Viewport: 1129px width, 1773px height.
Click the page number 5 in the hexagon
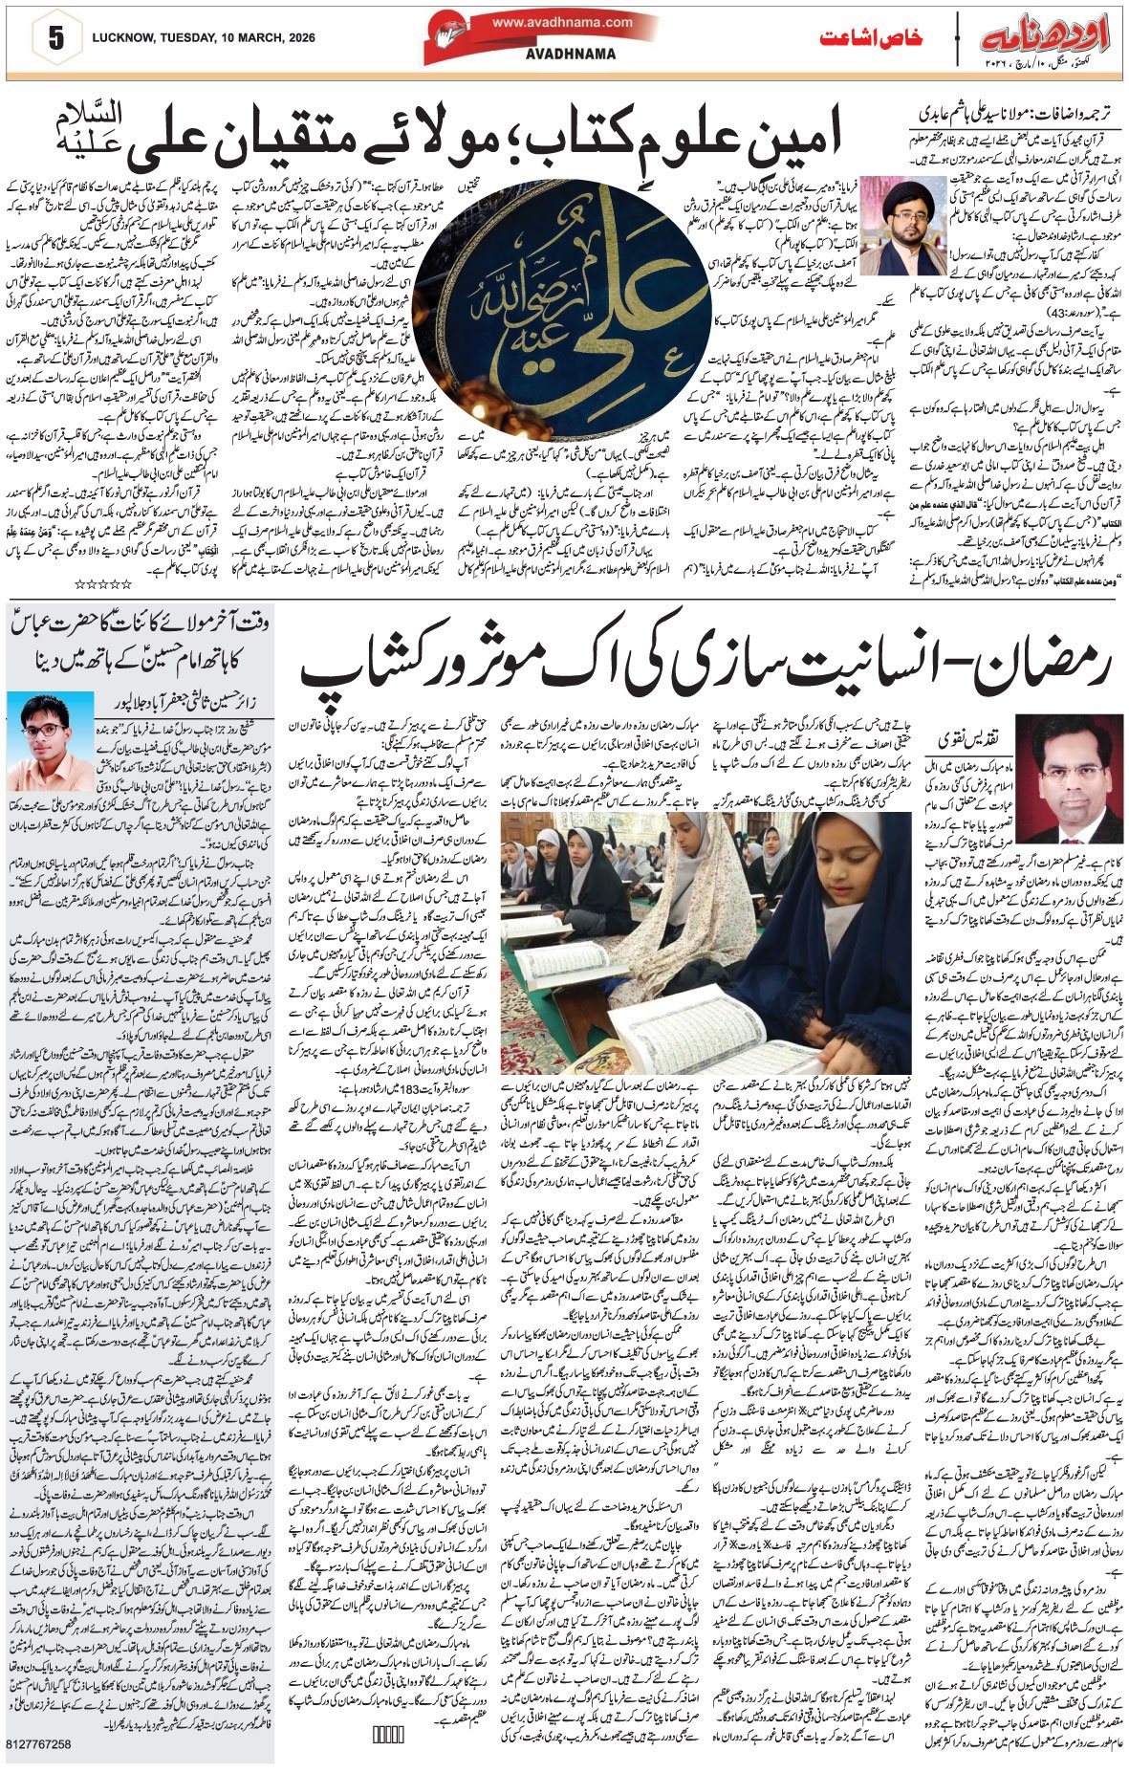point(54,39)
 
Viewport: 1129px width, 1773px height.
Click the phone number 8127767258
point(38,1744)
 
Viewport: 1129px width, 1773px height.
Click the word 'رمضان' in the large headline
point(1062,663)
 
